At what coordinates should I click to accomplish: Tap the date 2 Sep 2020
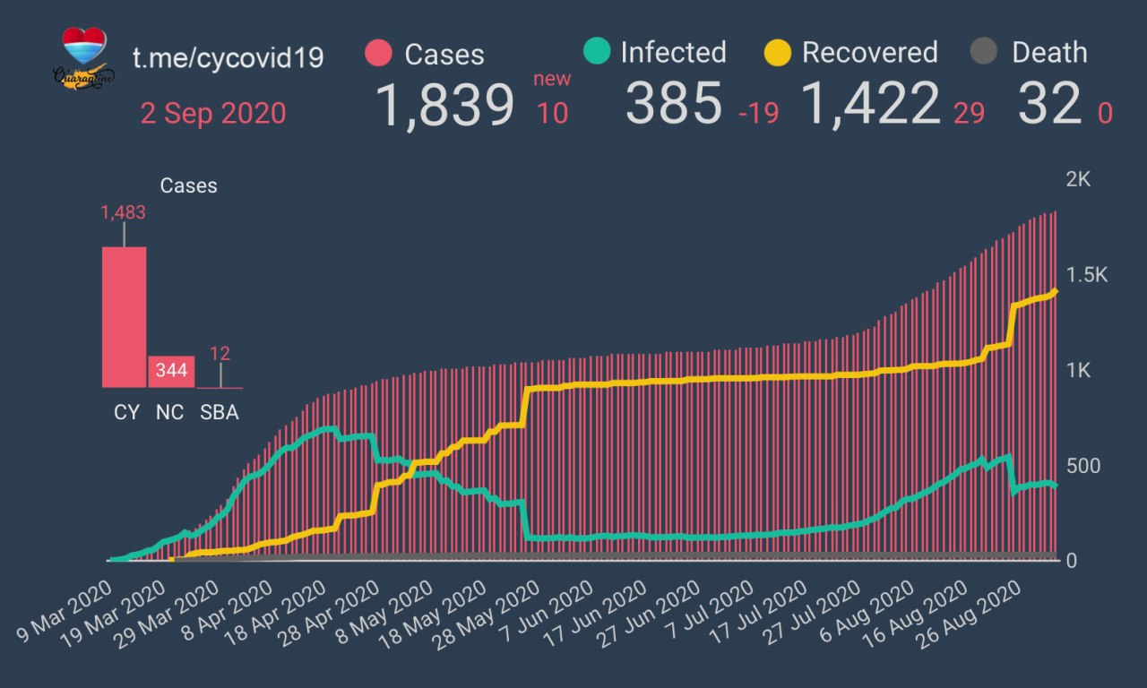[213, 114]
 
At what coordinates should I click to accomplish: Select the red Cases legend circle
[379, 54]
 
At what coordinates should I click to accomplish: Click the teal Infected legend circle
[596, 52]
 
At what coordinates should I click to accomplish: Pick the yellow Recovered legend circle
[778, 52]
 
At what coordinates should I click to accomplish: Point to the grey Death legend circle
[984, 52]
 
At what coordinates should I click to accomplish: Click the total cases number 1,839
[444, 104]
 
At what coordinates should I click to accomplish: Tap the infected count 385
[673, 104]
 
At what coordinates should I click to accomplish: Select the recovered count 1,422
[870, 104]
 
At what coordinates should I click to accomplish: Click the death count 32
[1049, 104]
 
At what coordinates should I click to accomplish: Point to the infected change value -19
[758, 114]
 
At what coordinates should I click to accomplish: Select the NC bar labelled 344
[171, 371]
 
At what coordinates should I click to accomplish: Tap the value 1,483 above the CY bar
[124, 212]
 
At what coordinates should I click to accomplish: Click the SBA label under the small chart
[220, 413]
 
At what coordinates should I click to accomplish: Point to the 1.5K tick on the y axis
[1086, 275]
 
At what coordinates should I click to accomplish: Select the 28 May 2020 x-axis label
[485, 613]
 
